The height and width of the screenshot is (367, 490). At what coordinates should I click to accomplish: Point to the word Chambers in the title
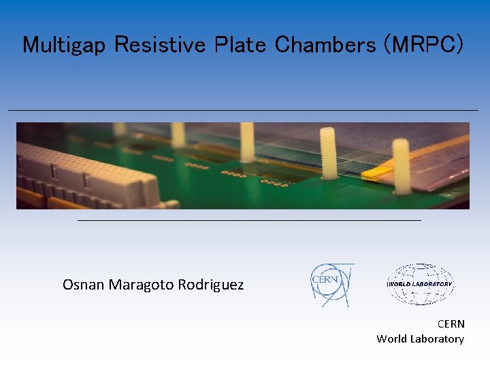(325, 45)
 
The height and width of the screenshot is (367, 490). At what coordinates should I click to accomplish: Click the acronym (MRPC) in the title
(424, 45)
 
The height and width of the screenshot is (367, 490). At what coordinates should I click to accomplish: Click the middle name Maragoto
(141, 285)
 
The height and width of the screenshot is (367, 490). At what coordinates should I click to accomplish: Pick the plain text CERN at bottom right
(451, 324)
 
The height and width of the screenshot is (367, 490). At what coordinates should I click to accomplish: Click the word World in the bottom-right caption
(392, 338)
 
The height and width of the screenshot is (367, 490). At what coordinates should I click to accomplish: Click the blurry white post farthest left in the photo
(120, 128)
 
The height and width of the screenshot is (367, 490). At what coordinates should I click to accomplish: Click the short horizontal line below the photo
(249, 220)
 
